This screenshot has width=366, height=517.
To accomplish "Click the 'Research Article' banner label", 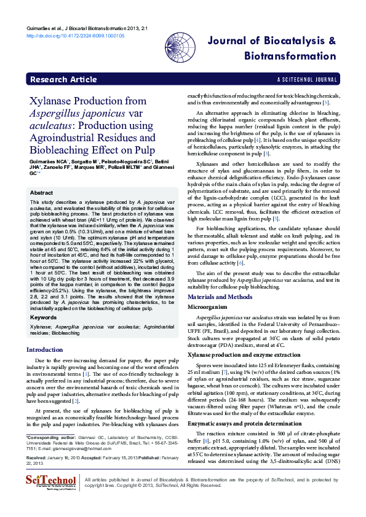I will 63,80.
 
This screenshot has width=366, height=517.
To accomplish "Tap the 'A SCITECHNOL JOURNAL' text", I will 307,80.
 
